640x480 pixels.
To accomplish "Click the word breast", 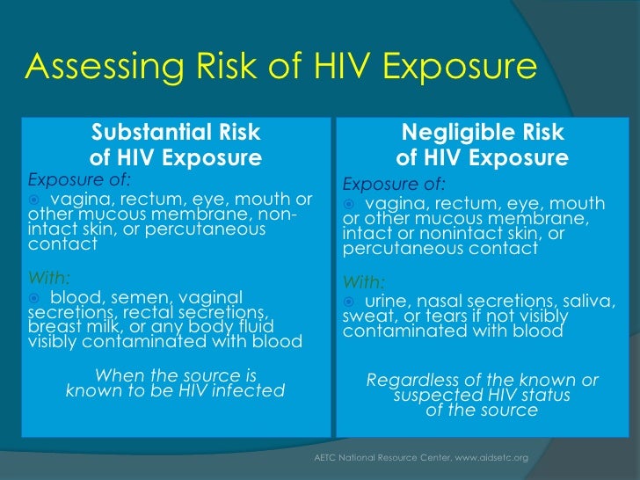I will coord(54,327).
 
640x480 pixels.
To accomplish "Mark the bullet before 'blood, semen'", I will coord(34,298).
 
